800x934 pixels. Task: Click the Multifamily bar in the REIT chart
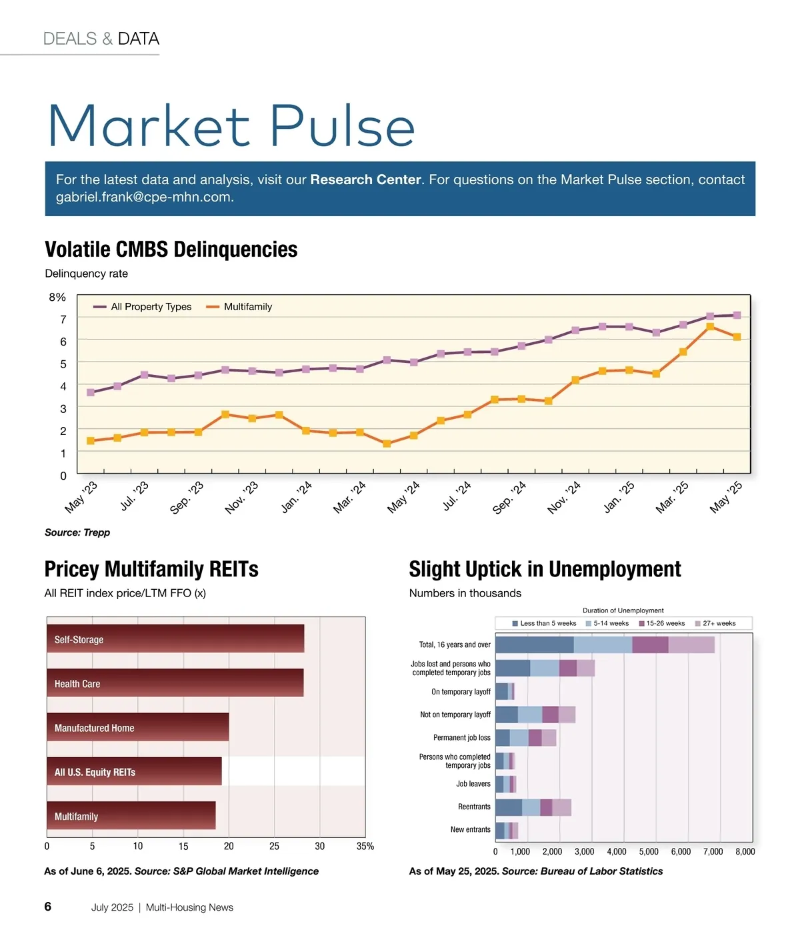coord(131,815)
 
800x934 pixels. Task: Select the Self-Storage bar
coord(175,638)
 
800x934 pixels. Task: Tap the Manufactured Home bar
coord(138,727)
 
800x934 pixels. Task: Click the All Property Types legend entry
coord(143,307)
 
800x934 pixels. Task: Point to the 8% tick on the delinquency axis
coord(58,298)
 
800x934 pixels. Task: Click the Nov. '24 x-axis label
coord(564,498)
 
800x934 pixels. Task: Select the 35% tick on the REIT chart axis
coord(365,847)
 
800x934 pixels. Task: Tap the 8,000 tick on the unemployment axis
coord(745,852)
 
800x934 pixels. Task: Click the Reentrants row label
coord(474,807)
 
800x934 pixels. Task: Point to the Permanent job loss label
coord(461,738)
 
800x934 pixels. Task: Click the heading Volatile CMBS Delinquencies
coord(171,250)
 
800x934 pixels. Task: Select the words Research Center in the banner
coord(365,179)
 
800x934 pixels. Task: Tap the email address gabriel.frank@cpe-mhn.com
coord(143,197)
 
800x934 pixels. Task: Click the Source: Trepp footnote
coord(77,532)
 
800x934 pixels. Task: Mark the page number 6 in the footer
coord(48,907)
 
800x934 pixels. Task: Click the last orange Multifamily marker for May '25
coord(737,337)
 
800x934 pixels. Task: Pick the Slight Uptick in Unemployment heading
coord(545,569)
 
